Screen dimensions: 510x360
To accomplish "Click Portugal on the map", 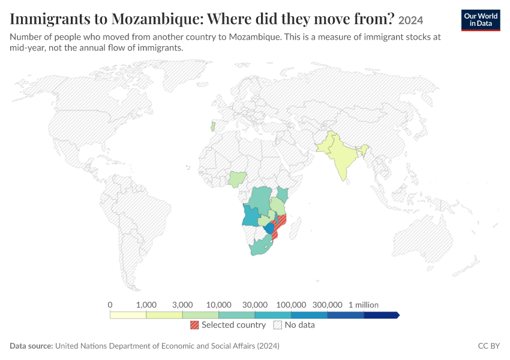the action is pos(213,127).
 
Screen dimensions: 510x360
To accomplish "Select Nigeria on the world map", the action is pos(237,179).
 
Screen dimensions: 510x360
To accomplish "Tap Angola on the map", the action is pos(250,216).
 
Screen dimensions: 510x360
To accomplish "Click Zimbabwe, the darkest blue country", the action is pos(269,228).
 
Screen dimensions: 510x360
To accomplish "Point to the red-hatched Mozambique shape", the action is pos(280,224).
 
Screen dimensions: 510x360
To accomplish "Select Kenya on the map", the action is pos(283,194).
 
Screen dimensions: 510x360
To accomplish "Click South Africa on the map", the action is pos(261,247).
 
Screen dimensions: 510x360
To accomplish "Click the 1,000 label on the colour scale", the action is pos(146,305).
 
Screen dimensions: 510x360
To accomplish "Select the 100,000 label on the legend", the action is pos(291,305).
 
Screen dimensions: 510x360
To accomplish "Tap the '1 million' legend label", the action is pos(364,305).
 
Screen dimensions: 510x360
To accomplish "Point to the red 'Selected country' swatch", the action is pos(194,325).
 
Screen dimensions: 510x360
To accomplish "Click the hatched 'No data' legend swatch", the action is pos(278,325).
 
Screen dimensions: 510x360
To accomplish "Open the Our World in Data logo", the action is pos(481,20).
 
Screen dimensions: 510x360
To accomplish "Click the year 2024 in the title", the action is pos(411,20).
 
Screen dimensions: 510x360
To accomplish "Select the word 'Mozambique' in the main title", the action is pos(157,19).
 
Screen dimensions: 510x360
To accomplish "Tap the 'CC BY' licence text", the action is pos(489,346).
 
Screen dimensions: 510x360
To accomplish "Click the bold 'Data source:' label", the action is pos(31,346).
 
